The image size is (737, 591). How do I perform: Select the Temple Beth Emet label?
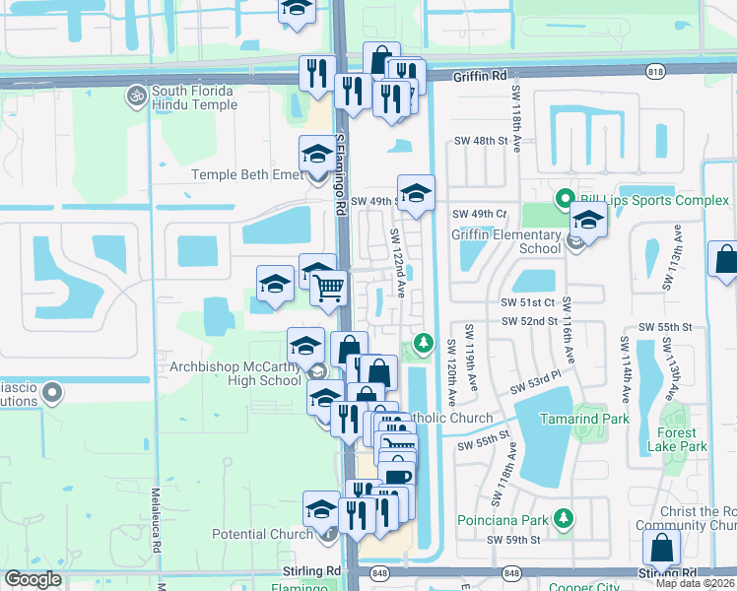[x=246, y=175]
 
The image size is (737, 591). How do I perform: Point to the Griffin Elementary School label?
[x=505, y=241]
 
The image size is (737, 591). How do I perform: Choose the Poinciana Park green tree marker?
[x=563, y=517]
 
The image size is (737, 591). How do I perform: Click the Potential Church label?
[x=263, y=535]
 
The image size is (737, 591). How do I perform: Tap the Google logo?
[x=33, y=578]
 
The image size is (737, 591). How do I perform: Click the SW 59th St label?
[x=514, y=541]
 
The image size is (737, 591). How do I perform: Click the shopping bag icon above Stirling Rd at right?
[x=661, y=548]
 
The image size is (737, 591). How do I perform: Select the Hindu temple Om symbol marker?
[x=135, y=97]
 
